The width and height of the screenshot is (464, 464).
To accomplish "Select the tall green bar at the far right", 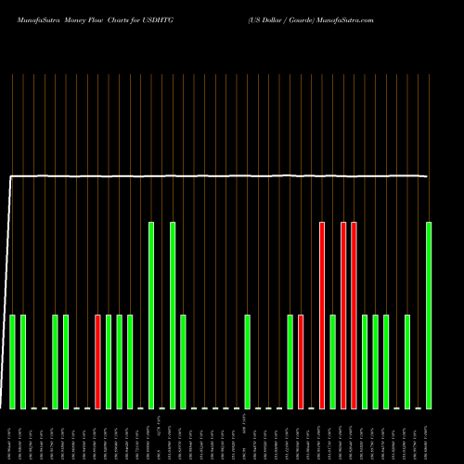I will point(429,316).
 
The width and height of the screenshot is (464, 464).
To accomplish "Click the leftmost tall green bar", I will point(151,316).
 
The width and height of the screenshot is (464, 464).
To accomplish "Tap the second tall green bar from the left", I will point(173,316).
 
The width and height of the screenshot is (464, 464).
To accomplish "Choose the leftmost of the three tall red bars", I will point(322,316).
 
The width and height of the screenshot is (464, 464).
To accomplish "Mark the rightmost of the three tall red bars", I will point(354,316).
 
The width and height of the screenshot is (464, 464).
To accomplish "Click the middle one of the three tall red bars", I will point(343,316).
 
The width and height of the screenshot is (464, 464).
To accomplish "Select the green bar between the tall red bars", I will point(332,362).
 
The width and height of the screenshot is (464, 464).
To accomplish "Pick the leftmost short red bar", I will point(97,362).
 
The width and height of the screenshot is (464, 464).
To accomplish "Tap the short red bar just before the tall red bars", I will point(301,362).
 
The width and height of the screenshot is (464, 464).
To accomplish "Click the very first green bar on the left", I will point(13,362).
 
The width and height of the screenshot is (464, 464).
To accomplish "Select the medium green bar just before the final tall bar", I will point(407,362).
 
